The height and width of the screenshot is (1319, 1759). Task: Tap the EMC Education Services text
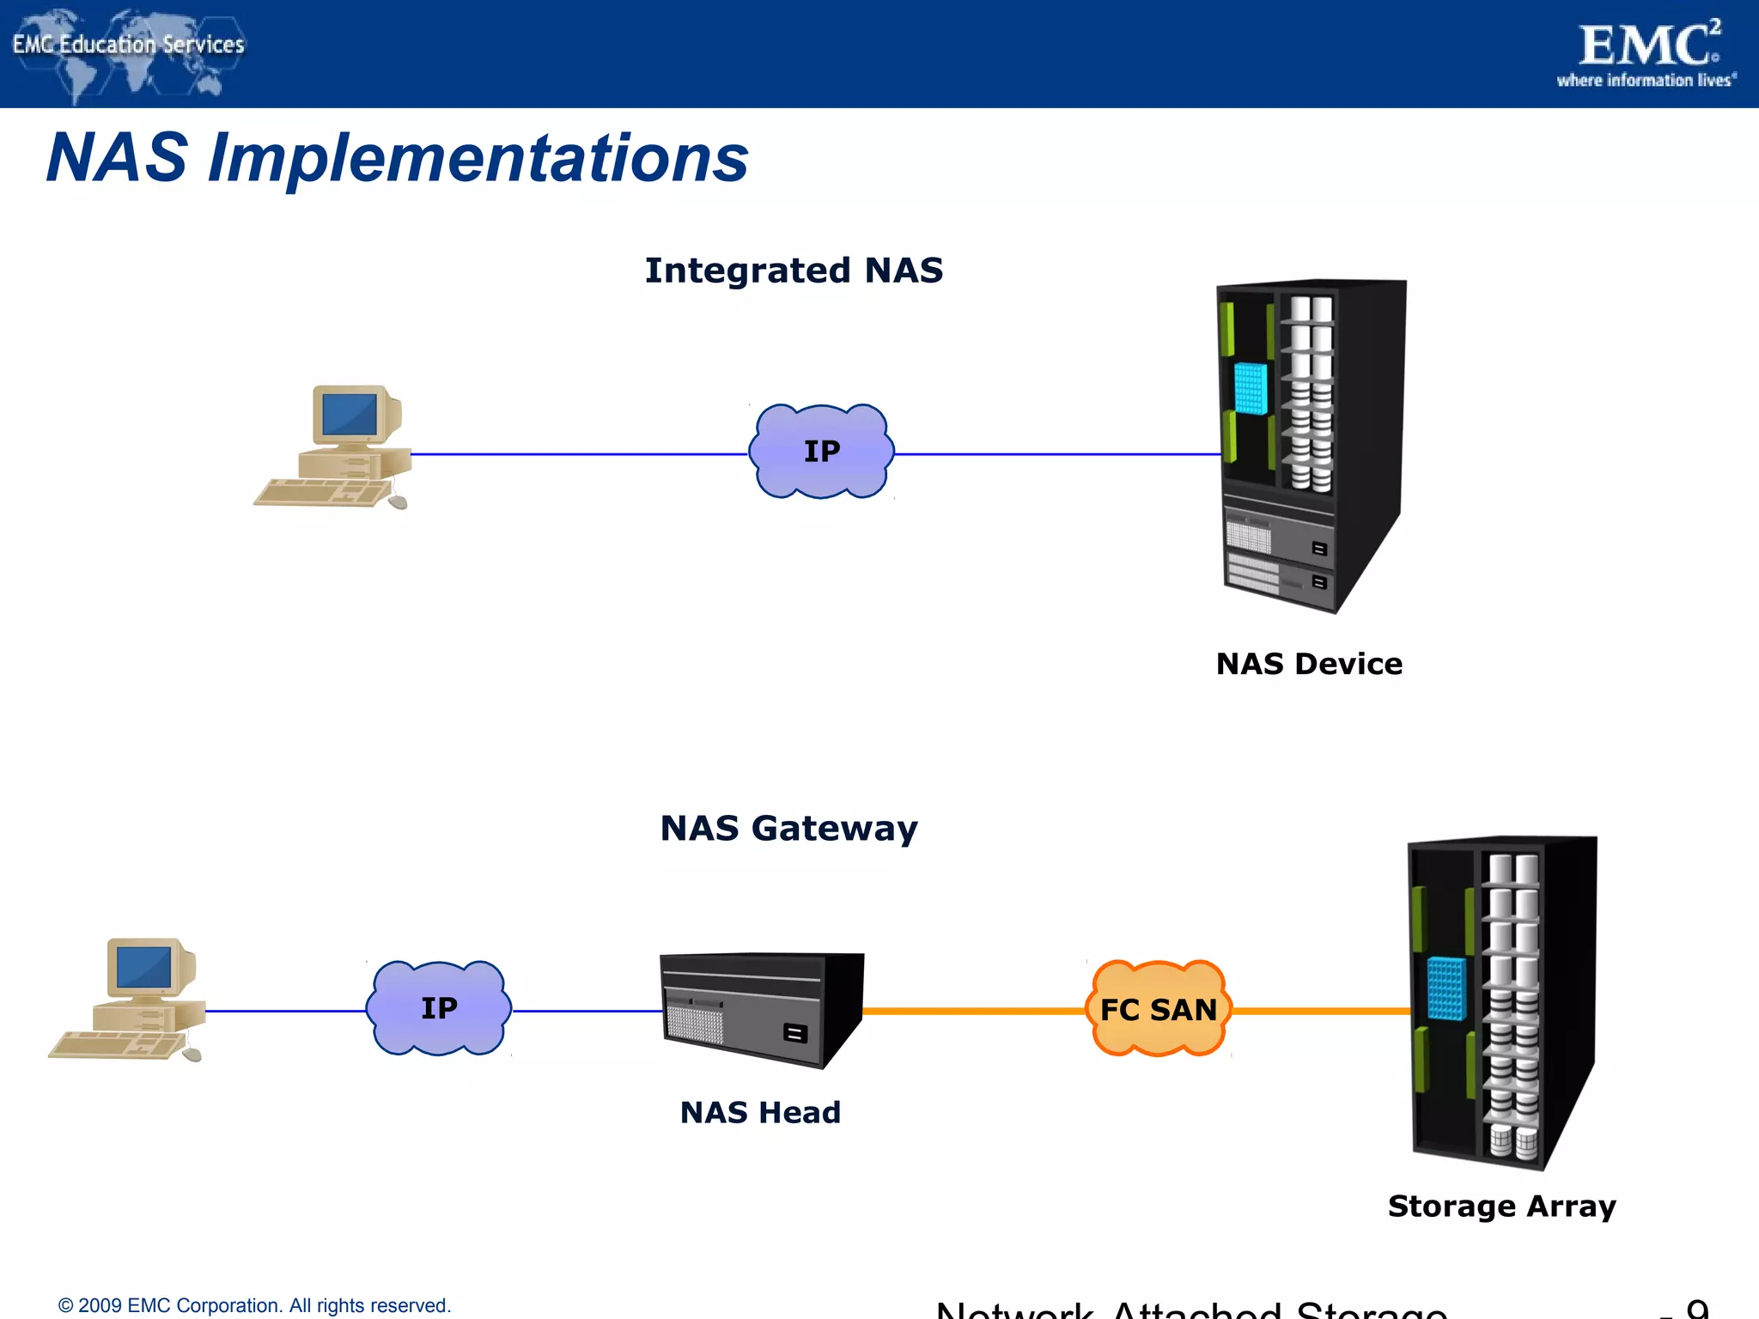click(x=129, y=45)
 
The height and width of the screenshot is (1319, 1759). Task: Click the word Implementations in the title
click(x=478, y=159)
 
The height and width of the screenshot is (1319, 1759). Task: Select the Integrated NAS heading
click(x=794, y=270)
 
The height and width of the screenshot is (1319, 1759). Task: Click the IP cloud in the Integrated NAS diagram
click(x=821, y=452)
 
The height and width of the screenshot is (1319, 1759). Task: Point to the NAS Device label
click(x=1309, y=664)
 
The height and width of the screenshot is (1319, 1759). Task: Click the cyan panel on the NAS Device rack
click(x=1251, y=388)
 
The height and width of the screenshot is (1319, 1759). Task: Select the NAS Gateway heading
click(x=788, y=829)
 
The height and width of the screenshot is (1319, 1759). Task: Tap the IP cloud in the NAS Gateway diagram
click(x=439, y=1008)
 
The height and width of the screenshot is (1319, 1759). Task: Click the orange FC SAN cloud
click(x=1159, y=1009)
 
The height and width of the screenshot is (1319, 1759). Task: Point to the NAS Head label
click(x=760, y=1113)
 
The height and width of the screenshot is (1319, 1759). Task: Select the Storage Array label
click(x=1501, y=1207)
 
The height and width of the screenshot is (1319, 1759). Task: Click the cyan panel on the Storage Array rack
click(x=1446, y=988)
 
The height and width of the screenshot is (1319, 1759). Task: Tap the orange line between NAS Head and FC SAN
click(x=975, y=1011)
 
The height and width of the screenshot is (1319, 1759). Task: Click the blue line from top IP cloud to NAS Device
click(x=1056, y=454)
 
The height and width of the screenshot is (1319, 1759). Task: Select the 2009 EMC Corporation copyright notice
click(x=254, y=1305)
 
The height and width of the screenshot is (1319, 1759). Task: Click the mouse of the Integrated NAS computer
click(x=398, y=502)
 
